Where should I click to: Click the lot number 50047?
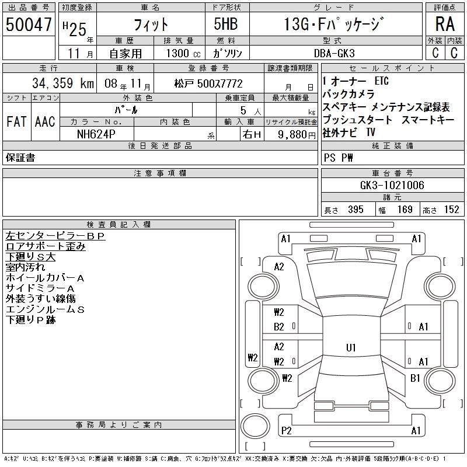point(29,25)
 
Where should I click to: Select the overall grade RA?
point(445,24)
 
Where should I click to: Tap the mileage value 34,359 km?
point(63,83)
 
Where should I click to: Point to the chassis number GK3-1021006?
point(392,185)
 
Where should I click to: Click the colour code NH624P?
point(96,134)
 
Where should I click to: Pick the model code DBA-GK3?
point(334,53)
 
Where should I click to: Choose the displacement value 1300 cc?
point(183,53)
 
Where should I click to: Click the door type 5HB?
point(226,24)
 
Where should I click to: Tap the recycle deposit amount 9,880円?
point(297,135)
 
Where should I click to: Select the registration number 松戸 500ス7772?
point(208,83)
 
